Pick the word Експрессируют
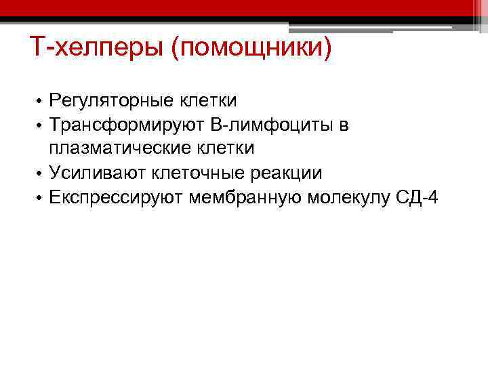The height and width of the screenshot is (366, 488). click(117, 197)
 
